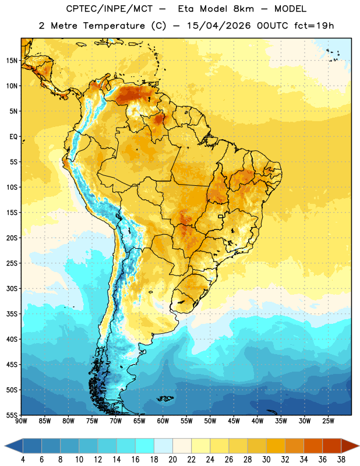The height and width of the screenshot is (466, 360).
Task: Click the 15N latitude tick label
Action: pyautogui.click(x=12, y=61)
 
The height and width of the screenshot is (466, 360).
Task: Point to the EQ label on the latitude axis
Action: pyautogui.click(x=13, y=137)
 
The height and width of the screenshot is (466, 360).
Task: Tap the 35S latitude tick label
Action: pyautogui.click(x=12, y=314)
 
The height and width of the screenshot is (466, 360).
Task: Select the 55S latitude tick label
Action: pyautogui.click(x=12, y=415)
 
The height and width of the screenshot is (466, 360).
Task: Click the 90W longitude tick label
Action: pyautogui.click(x=21, y=421)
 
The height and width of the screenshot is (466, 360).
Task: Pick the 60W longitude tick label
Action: pyautogui.click(x=163, y=421)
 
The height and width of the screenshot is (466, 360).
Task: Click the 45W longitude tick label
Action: pyautogui.click(x=234, y=421)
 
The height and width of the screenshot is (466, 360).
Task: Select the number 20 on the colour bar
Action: pyautogui.click(x=172, y=460)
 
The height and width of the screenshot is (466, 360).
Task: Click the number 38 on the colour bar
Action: pyautogui.click(x=341, y=460)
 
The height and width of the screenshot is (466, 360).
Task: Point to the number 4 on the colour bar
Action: pyautogui.click(x=23, y=460)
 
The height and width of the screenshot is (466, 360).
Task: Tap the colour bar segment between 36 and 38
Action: pyautogui.click(x=332, y=446)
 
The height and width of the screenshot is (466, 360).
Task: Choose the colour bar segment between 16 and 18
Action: pyautogui.click(x=144, y=446)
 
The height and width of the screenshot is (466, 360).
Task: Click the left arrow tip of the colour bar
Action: pyautogui.click(x=5, y=446)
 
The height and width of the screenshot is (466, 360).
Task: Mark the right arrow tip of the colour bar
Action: pyautogui.click(x=359, y=446)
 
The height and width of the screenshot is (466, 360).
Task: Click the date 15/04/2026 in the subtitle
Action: pyautogui.click(x=218, y=26)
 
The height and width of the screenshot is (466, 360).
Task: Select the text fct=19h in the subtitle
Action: pyautogui.click(x=314, y=26)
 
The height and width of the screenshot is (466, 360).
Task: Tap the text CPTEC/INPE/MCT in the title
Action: pyautogui.click(x=110, y=9)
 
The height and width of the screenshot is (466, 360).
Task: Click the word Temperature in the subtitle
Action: pyautogui.click(x=114, y=26)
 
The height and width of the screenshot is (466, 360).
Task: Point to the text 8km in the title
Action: pyautogui.click(x=243, y=9)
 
